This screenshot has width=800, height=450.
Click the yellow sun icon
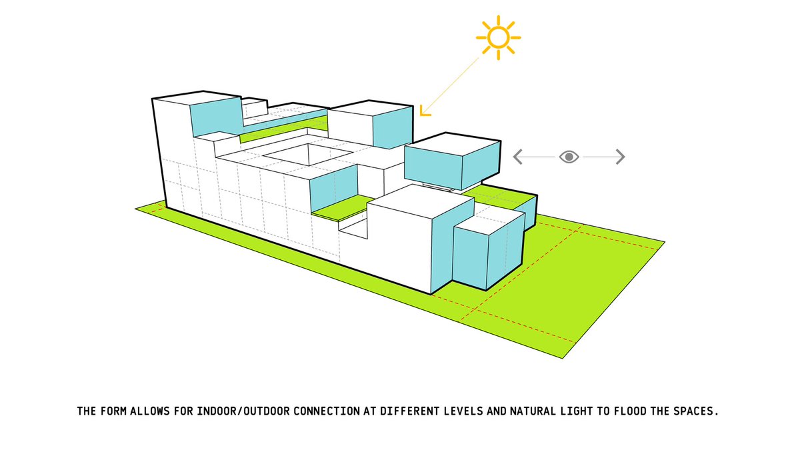(x=498, y=37)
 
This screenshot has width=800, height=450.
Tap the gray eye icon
(x=569, y=157)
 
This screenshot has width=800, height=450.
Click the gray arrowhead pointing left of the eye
(x=518, y=157)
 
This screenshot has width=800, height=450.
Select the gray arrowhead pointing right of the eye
(x=621, y=157)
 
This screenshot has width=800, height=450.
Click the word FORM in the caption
(x=113, y=411)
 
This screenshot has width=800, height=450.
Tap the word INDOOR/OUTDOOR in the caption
(x=243, y=411)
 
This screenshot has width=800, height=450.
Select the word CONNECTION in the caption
(x=327, y=411)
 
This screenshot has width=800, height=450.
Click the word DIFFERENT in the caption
(x=409, y=411)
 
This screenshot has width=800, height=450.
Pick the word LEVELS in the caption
(x=463, y=411)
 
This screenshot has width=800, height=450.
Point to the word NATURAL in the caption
(x=533, y=411)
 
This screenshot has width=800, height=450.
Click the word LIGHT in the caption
(x=577, y=411)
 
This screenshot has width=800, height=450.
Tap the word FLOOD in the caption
(x=631, y=411)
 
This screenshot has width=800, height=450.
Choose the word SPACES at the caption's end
(x=696, y=411)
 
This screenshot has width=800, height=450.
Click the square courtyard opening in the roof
(x=308, y=154)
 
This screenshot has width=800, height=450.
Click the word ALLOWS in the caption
(x=150, y=411)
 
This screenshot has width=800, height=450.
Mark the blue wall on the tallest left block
(x=216, y=117)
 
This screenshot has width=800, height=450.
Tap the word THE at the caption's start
(x=87, y=411)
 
